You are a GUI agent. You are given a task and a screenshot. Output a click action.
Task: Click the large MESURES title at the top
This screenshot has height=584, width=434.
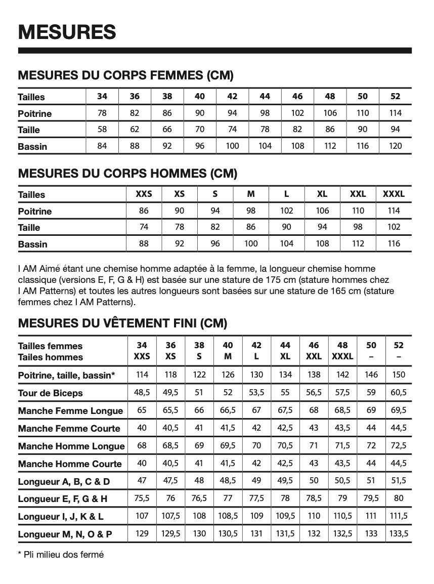67,31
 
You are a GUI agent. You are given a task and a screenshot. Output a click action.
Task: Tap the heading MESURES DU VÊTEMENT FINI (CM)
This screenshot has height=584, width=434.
122,323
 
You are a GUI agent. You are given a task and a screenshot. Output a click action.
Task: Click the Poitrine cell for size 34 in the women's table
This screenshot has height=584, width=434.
102,113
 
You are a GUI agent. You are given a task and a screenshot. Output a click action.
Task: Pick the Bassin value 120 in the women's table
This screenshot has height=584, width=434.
396,146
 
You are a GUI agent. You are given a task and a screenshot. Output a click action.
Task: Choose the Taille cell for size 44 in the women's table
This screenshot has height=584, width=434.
265,129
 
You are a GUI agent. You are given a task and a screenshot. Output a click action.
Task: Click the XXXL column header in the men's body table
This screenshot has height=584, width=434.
394,194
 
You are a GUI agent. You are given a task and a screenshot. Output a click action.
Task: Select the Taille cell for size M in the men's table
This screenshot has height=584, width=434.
251,227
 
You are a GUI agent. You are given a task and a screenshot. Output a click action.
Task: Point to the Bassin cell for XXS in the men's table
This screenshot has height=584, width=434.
144,243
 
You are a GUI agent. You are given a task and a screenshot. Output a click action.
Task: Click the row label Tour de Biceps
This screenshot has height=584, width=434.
50,393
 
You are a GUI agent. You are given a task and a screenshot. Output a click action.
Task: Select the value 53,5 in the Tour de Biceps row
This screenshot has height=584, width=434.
256,392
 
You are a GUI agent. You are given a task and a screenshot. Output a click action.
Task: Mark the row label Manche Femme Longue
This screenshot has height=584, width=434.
70,411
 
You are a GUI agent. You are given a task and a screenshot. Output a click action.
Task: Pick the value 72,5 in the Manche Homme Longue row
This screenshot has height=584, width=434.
399,445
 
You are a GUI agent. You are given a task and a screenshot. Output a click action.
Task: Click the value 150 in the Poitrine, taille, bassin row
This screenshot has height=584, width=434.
399,374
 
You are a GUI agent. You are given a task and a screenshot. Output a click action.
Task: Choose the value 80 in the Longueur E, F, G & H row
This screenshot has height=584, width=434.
399,498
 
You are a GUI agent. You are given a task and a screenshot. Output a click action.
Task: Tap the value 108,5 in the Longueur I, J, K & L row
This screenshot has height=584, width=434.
228,516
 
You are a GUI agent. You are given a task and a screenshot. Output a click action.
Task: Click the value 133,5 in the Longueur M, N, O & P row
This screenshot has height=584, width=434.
399,533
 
